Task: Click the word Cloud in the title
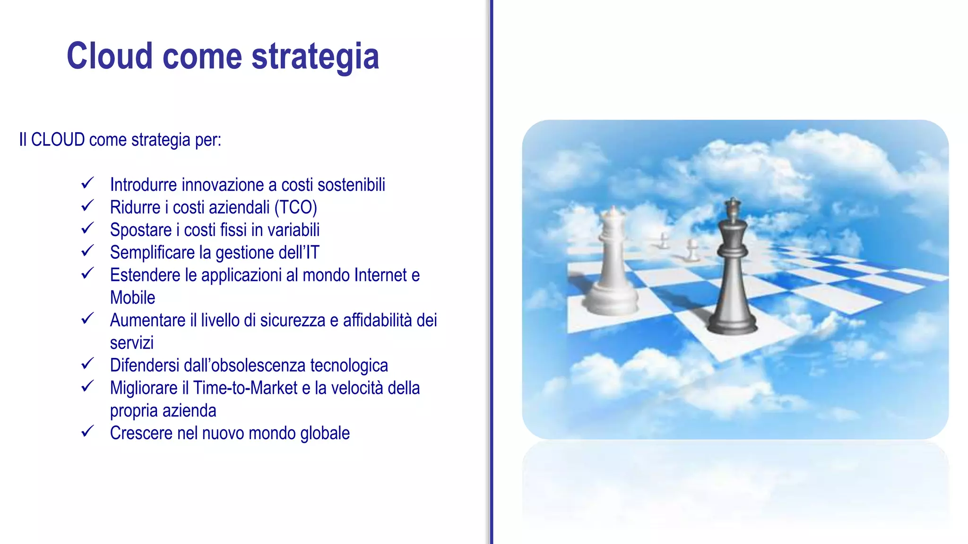point(110,56)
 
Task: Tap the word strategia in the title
point(315,57)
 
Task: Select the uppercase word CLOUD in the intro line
point(58,140)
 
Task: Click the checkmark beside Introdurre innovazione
point(87,183)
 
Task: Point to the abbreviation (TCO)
point(295,207)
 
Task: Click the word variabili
point(294,230)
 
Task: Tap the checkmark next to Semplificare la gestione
point(87,251)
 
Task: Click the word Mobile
point(132,298)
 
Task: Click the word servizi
point(132,343)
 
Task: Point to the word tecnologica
point(349,365)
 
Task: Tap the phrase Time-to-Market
point(245,388)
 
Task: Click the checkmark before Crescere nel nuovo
point(87,432)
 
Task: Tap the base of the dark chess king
point(732,326)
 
